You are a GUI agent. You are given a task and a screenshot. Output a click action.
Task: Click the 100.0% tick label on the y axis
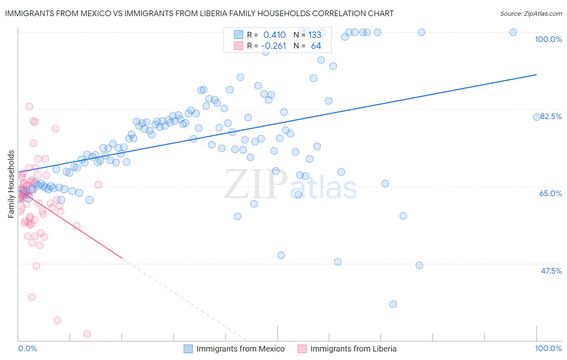click(x=548, y=39)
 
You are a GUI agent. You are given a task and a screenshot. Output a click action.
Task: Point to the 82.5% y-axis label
click(x=551, y=116)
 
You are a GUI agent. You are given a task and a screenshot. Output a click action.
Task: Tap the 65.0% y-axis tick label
click(x=550, y=193)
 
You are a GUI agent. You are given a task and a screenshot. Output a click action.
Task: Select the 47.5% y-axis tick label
click(x=551, y=271)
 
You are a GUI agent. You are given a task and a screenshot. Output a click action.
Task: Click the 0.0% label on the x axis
click(x=27, y=348)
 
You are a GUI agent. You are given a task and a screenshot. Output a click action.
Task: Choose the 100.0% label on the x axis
click(x=548, y=348)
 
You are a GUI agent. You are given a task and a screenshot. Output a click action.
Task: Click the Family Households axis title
click(x=11, y=184)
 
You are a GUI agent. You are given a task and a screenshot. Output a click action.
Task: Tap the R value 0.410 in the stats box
click(x=274, y=35)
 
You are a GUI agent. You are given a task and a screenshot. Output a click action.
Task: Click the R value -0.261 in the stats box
click(x=273, y=46)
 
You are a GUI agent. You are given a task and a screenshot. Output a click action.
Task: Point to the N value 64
click(x=316, y=46)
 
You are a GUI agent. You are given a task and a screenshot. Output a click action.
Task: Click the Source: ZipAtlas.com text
click(x=531, y=13)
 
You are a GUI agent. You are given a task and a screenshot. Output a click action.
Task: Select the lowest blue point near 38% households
click(x=393, y=304)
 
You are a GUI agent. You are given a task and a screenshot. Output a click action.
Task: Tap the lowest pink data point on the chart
click(x=87, y=334)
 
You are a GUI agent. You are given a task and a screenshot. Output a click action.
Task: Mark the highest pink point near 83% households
click(x=29, y=107)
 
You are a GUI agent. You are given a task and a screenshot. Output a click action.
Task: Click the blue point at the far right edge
click(x=537, y=117)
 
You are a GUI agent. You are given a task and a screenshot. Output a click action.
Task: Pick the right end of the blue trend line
click(x=536, y=75)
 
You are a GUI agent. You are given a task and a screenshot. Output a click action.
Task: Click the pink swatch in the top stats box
click(x=238, y=46)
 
